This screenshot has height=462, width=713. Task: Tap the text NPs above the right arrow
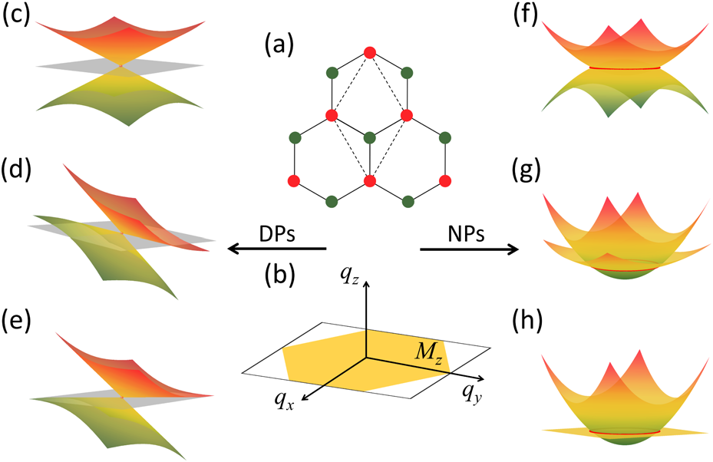click(x=467, y=232)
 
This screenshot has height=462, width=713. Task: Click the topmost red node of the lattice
click(x=369, y=52)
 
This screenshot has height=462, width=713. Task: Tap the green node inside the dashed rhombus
click(x=369, y=138)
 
